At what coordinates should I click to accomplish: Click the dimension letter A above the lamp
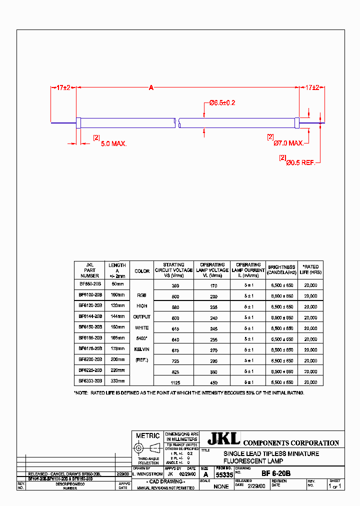[151, 88]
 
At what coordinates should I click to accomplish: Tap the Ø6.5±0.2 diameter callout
[222, 102]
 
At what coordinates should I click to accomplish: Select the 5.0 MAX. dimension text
[114, 144]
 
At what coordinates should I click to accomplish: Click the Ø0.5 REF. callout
[300, 162]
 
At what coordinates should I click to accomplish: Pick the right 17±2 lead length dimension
[312, 88]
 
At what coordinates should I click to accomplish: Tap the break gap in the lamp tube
[177, 121]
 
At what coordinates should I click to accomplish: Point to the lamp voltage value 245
[213, 327]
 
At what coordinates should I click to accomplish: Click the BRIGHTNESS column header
[281, 270]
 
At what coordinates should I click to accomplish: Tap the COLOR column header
[142, 271]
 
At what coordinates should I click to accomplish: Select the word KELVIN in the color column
[142, 349]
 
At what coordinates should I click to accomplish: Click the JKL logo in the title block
[224, 438]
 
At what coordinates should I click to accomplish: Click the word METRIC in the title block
[148, 435]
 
